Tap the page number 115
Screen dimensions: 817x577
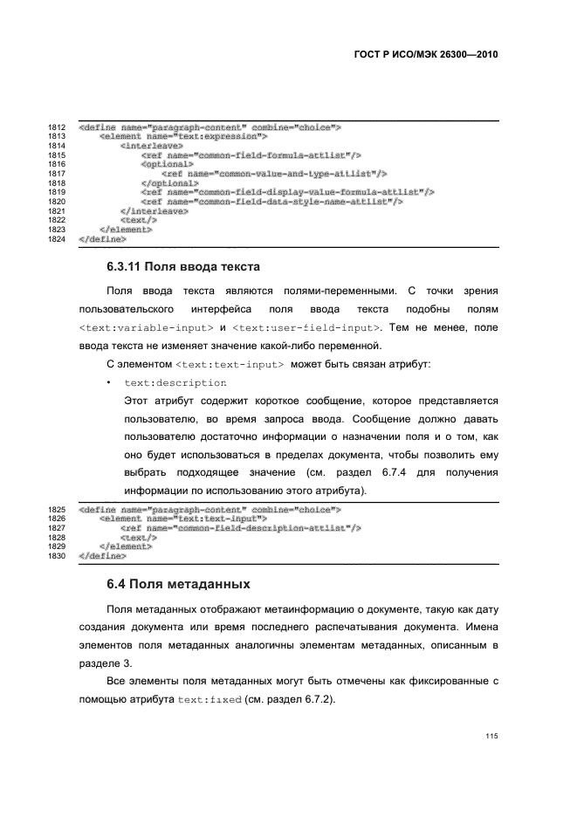[x=491, y=736]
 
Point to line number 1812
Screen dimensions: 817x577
[x=58, y=127]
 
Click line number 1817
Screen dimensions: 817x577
[x=58, y=174]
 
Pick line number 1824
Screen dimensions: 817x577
[x=58, y=237]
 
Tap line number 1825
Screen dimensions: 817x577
[x=58, y=509]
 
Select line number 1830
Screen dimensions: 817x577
[x=58, y=555]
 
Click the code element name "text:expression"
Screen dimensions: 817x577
[x=183, y=137]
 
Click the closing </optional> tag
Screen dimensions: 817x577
[x=168, y=183]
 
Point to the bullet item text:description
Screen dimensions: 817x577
[x=175, y=383]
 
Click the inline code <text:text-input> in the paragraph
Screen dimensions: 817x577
[x=230, y=364]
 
